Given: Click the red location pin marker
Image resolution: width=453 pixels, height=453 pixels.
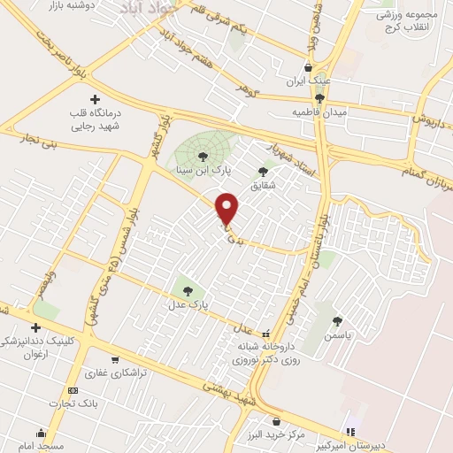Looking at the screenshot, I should (227, 208).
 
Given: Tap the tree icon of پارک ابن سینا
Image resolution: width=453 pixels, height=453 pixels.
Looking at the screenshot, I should (204, 156).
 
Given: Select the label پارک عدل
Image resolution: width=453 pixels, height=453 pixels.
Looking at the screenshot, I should (187, 304).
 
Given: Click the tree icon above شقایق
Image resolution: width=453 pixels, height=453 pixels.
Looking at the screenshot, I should (263, 172).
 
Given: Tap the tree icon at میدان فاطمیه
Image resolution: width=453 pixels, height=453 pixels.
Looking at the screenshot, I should (319, 98).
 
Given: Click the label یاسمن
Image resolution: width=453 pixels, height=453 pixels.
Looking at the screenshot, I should (337, 336).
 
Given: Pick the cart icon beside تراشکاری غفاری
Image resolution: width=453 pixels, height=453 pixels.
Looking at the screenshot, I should (116, 360).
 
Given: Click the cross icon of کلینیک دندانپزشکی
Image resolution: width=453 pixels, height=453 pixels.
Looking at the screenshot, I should (35, 327).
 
